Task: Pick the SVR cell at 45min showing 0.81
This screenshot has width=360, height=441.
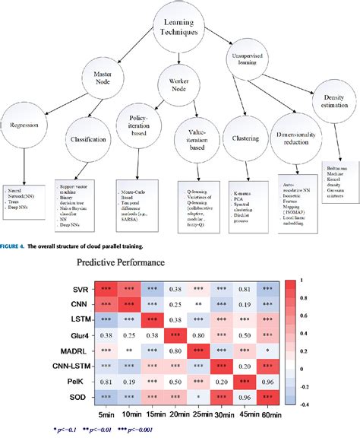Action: pos(246,289)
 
